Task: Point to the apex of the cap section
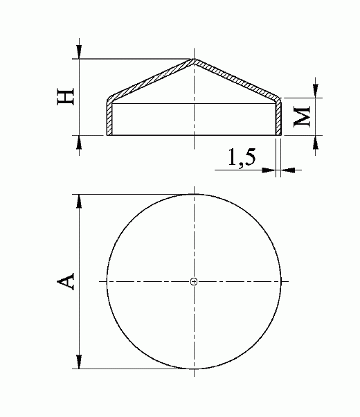195,60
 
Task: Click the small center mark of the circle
195,281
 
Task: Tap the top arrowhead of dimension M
316,91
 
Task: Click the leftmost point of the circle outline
107,281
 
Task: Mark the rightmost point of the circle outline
282,281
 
